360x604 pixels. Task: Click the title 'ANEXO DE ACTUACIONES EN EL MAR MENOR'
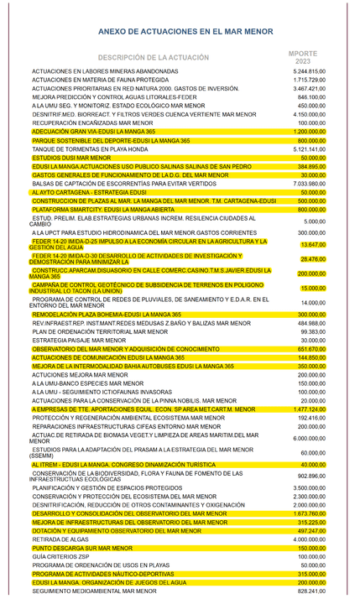[180, 30]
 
